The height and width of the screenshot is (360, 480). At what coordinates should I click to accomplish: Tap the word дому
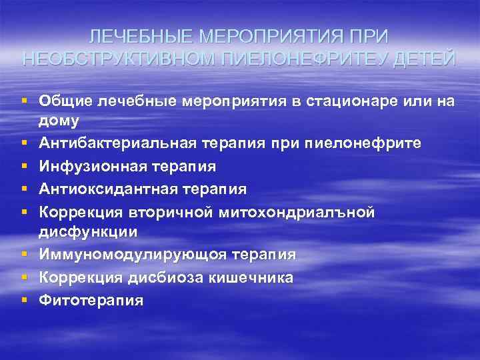pos(59,121)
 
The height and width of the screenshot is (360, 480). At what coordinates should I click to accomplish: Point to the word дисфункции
pos(88,231)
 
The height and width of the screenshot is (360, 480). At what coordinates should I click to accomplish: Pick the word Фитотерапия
pos(91,300)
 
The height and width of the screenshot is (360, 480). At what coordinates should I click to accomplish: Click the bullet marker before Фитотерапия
pos(23,300)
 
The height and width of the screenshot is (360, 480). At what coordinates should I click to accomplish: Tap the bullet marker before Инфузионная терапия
pos(23,166)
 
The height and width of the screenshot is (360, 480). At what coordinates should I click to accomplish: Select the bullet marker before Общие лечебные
pos(23,101)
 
